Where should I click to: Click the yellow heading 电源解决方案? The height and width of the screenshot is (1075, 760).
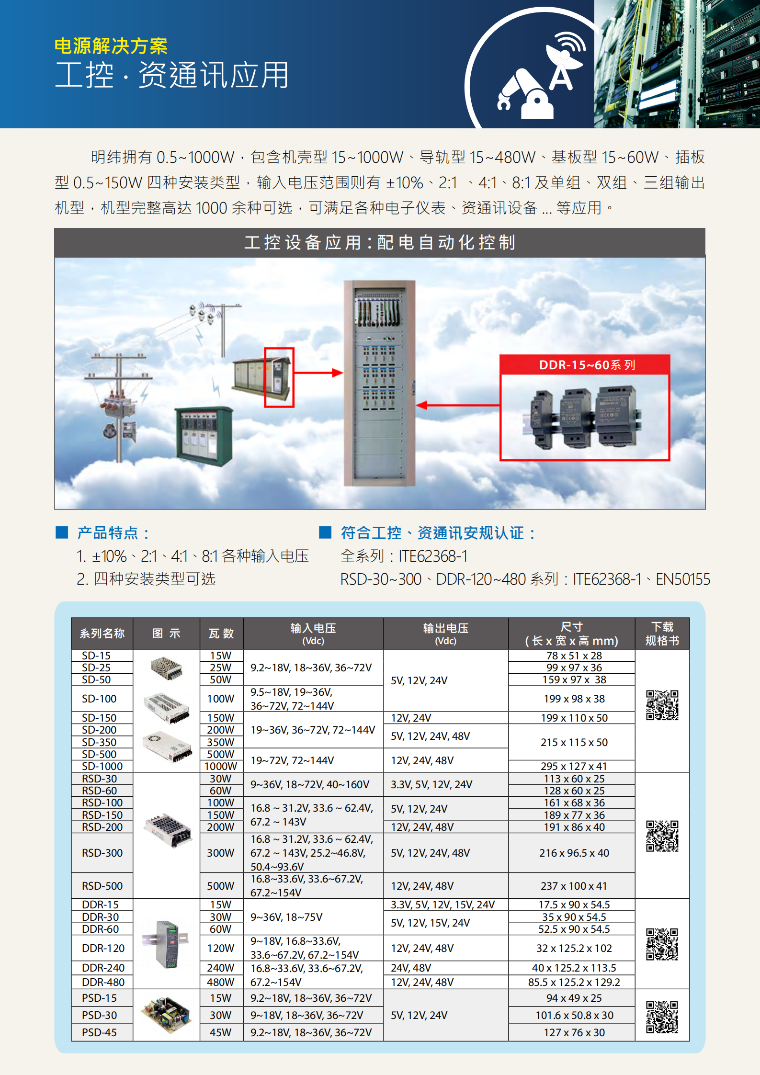[x=111, y=46]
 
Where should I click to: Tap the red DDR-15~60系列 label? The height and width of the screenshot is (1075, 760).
[x=586, y=365]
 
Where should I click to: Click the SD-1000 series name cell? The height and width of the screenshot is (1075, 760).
[x=102, y=766]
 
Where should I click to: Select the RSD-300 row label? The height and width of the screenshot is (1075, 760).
[x=102, y=853]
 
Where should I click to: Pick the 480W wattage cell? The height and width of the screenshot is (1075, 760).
[x=221, y=982]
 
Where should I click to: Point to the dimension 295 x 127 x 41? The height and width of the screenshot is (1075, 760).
[x=574, y=766]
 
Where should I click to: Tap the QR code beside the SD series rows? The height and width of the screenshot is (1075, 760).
[x=662, y=705]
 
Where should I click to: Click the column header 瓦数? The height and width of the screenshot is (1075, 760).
[x=221, y=634]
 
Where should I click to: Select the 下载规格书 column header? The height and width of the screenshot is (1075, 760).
[x=662, y=634]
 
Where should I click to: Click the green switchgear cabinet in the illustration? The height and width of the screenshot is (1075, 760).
[x=204, y=436]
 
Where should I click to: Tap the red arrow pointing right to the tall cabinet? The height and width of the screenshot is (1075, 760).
[x=319, y=373]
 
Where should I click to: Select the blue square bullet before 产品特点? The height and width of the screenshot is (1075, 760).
[x=62, y=532]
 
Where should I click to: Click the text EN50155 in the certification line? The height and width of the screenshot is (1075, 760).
[x=683, y=579]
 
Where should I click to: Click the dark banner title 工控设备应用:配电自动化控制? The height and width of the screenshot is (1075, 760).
[x=380, y=243]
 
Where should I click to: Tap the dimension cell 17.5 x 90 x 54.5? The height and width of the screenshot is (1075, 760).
[x=574, y=905]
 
